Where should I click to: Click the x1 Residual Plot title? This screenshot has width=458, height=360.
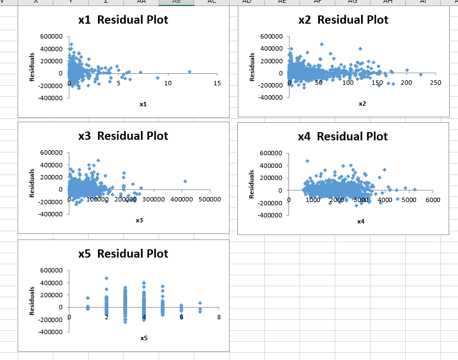pyautogui.click(x=123, y=20)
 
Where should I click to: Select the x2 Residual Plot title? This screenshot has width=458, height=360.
pyautogui.click(x=343, y=20)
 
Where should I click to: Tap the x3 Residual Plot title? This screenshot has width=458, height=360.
pyautogui.click(x=123, y=136)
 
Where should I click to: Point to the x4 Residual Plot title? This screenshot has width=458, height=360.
pyautogui.click(x=342, y=137)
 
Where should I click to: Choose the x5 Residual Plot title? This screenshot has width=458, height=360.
pyautogui.click(x=123, y=254)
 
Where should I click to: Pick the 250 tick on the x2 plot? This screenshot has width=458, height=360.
pyautogui.click(x=435, y=83)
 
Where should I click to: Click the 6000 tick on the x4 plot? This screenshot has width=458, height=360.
pyautogui.click(x=433, y=200)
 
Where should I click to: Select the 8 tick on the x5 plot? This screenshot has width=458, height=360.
pyautogui.click(x=219, y=317)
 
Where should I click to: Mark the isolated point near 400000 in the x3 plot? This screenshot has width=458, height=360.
pyautogui.click(x=186, y=181)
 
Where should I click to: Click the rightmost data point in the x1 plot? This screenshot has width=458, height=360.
pyautogui.click(x=189, y=72)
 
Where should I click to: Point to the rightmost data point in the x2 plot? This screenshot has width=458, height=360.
pyautogui.click(x=421, y=74)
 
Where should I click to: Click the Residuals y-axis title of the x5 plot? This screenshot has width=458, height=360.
pyautogui.click(x=32, y=301)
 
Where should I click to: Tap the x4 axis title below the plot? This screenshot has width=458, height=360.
pyautogui.click(x=361, y=221)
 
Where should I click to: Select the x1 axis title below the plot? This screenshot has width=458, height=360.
pyautogui.click(x=143, y=104)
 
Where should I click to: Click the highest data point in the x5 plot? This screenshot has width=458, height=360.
pyautogui.click(x=106, y=279)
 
